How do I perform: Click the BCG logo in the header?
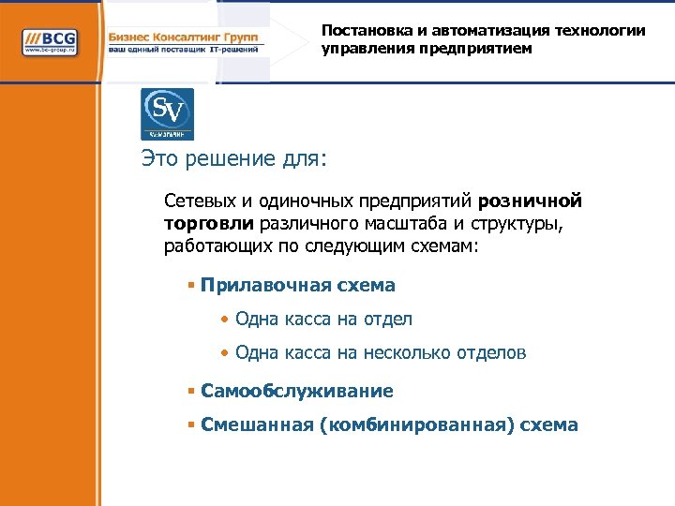point(51,42)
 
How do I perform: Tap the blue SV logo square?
point(167,114)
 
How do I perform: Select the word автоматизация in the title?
point(493,31)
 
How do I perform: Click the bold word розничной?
point(530,201)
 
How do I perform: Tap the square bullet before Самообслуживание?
point(190,391)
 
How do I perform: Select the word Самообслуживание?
point(297,391)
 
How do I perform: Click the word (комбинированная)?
point(417,424)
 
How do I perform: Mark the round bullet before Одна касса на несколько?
point(224,353)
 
